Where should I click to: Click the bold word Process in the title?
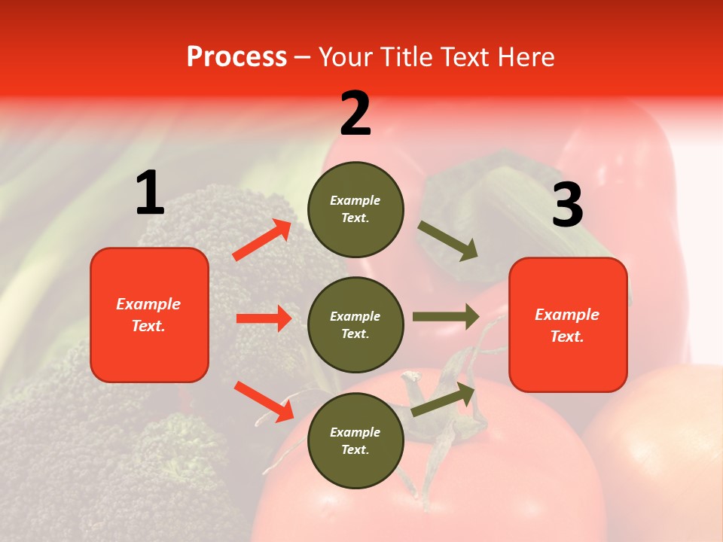(236, 57)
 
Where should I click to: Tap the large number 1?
(150, 193)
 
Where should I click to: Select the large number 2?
(355, 114)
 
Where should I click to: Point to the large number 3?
(567, 206)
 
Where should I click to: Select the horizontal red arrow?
(264, 318)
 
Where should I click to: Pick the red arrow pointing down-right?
(264, 401)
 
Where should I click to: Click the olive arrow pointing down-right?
(448, 241)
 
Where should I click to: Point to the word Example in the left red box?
(148, 304)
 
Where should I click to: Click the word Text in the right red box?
(566, 336)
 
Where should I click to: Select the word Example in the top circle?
(355, 200)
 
